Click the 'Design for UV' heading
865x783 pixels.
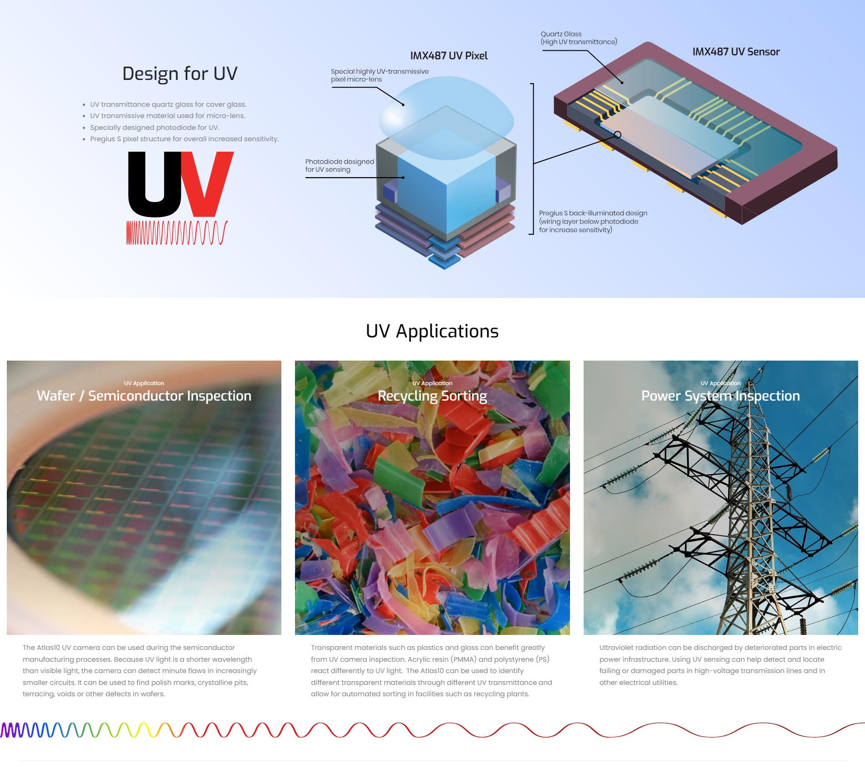(x=180, y=74)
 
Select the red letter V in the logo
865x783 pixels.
(x=208, y=184)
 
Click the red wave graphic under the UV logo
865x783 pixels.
(x=177, y=233)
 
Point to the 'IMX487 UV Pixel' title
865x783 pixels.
(x=449, y=56)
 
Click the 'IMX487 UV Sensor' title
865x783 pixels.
(x=736, y=52)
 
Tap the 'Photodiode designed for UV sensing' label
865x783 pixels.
(x=340, y=165)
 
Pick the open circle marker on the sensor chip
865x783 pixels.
(x=617, y=135)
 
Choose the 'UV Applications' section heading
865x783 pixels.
(x=432, y=331)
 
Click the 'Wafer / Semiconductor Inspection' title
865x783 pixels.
(x=144, y=396)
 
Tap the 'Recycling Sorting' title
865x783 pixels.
(x=432, y=396)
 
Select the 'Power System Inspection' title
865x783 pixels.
(x=720, y=396)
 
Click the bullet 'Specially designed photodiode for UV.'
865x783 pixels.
(x=155, y=128)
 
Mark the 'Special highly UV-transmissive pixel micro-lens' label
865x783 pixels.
(x=380, y=75)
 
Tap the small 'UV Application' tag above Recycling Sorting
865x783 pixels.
(x=432, y=383)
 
